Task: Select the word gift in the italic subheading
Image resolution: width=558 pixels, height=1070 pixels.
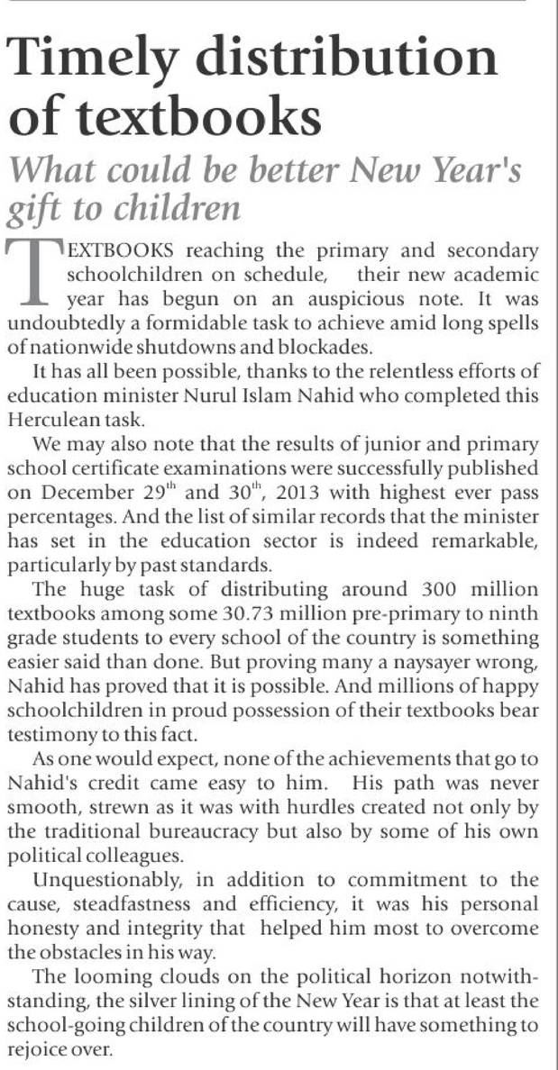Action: pyautogui.click(x=36, y=209)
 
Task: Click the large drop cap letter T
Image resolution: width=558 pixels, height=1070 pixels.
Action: pyautogui.click(x=37, y=268)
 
